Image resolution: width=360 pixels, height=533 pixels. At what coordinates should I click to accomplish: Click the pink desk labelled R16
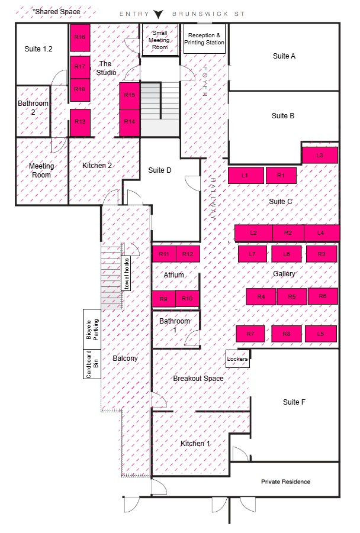coord(80,37)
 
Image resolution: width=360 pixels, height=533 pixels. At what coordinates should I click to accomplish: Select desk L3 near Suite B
coord(320,155)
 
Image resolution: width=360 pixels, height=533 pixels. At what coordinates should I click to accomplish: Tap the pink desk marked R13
coord(81,122)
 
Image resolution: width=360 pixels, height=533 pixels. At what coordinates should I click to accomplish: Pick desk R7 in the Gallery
coord(250,334)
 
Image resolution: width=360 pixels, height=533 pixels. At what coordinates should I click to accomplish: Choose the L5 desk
coord(320,334)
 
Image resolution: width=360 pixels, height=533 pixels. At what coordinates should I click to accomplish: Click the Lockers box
coord(237,359)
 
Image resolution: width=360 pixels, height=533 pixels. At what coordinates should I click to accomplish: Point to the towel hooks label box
coord(126,274)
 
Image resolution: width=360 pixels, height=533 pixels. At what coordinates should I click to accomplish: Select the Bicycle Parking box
coord(92,329)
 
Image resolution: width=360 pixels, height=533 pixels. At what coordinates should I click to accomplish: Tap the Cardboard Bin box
coord(92,364)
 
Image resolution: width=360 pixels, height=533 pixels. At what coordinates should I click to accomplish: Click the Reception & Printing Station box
coord(204,39)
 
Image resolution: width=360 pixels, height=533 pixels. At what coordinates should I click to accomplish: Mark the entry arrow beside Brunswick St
coord(158,14)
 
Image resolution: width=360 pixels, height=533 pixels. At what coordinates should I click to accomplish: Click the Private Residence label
coord(285,482)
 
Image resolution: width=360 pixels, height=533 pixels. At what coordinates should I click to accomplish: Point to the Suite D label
coord(160,170)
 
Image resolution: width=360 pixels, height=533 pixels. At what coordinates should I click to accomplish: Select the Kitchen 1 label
coord(195,443)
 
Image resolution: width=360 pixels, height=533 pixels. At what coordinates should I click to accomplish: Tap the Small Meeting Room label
coord(160,40)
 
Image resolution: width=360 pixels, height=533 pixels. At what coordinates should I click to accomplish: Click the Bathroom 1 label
coord(175,325)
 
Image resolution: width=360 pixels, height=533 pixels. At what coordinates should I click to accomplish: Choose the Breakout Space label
coord(198,379)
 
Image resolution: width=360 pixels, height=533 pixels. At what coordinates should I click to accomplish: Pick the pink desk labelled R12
coord(188,254)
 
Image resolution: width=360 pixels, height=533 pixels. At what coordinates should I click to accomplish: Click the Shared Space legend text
coord(56,12)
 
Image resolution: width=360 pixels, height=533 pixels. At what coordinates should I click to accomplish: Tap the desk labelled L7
coord(252,254)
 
